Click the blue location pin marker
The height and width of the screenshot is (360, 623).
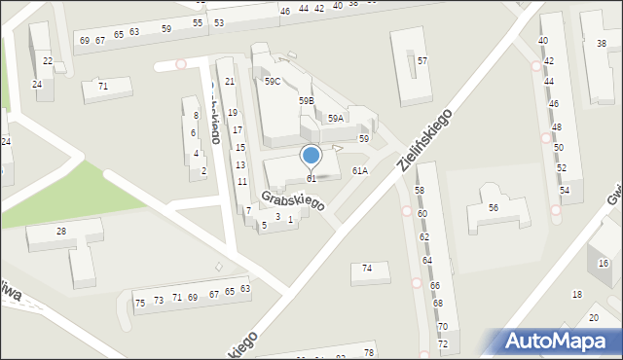coord(311,156)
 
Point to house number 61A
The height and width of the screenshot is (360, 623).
coord(359,170)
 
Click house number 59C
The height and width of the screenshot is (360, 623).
coord(272,82)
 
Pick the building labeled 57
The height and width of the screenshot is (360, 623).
coord(421,61)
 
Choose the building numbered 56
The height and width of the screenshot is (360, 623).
coord(494,208)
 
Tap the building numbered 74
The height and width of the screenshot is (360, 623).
coord(367,268)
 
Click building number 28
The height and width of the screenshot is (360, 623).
coord(61,231)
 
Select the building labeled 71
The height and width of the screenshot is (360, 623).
coord(102,87)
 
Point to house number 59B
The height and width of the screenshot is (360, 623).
coord(307,100)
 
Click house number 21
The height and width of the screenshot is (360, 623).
coord(230,81)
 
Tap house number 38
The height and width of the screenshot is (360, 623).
coord(601,43)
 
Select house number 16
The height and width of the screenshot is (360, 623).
coord(603,263)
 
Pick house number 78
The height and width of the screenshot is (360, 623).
coord(368,352)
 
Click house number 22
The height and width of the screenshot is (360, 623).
coord(48,60)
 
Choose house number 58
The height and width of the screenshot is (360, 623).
coord(420,190)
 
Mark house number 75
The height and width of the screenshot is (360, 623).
coord(140,303)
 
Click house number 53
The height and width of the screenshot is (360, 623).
coord(219,21)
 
